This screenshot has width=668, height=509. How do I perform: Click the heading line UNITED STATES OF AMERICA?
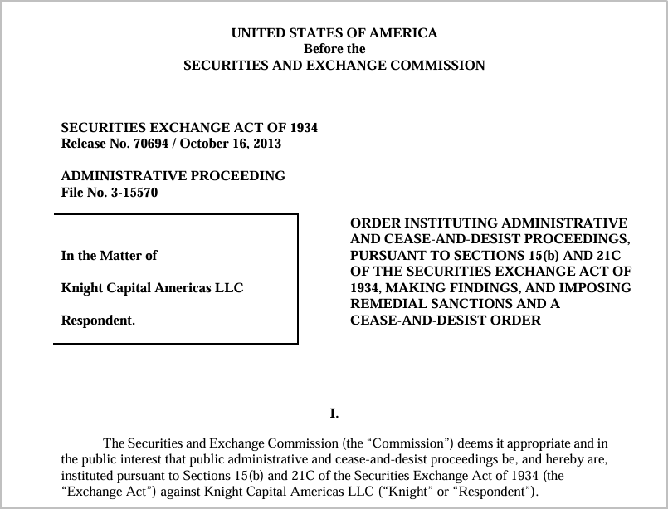334,33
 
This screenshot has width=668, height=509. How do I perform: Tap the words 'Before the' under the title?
334,49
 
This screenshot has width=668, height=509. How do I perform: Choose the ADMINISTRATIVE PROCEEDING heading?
173,176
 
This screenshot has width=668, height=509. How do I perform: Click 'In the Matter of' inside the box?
110,256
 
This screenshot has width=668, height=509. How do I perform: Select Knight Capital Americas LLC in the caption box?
152,288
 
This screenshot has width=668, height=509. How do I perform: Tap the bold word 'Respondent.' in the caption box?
98,321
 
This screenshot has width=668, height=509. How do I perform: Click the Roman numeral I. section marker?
334,413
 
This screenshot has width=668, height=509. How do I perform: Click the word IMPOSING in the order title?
598,288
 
